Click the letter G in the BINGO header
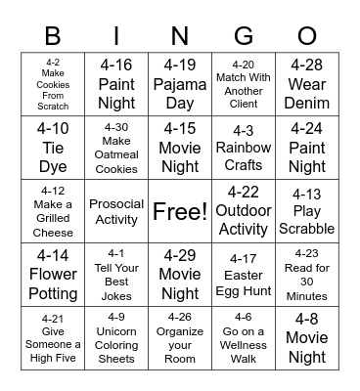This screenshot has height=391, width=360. pos(244,38)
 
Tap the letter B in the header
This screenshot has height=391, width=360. pos(53,38)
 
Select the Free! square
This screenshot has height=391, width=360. pos(180,211)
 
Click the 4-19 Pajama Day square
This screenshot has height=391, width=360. pos(180,85)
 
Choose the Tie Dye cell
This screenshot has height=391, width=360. pos(53,148)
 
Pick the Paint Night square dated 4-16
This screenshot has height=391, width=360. pos(116,85)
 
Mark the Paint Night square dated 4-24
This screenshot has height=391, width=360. pos(307,148)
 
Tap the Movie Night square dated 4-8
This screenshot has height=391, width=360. pos(307,337)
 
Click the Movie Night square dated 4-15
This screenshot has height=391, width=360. pos(180,148)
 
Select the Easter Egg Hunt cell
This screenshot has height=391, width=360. pos(244,275)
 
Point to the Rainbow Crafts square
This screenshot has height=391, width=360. pos(244,148)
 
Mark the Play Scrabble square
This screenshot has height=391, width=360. pos(307,211)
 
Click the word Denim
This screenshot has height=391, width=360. pos(307,104)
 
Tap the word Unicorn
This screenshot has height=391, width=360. pos(116,330)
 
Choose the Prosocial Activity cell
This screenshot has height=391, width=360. pos(116,211)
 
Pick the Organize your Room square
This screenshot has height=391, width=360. pos(180,337)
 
